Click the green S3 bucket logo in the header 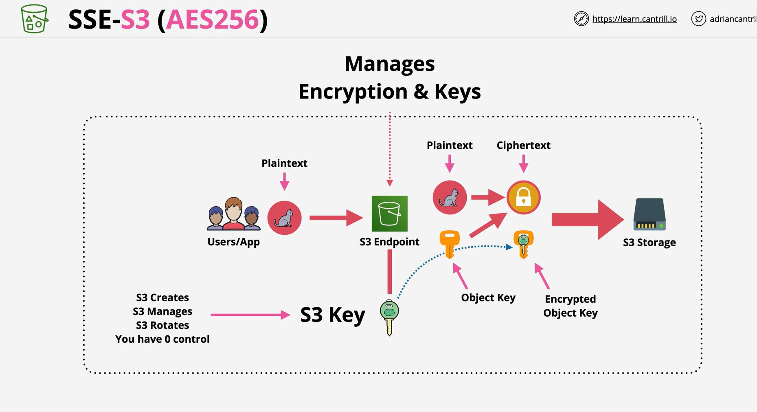pos(35,19)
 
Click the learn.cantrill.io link pos(634,19)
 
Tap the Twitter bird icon pos(698,19)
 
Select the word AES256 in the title pos(212,19)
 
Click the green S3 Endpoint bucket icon pos(389,214)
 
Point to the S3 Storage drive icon pos(649,214)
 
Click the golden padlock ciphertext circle pos(523,197)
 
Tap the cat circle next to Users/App pos(284,218)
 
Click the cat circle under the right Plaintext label pos(450,197)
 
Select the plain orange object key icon pos(450,244)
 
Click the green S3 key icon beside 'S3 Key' pos(389,317)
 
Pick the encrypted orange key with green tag pos(523,244)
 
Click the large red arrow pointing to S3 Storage pos(588,220)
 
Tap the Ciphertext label pos(523,145)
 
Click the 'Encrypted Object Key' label pos(570,306)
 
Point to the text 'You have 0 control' pos(162,339)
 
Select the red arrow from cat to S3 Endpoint pos(336,218)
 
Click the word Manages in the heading pos(390,64)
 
